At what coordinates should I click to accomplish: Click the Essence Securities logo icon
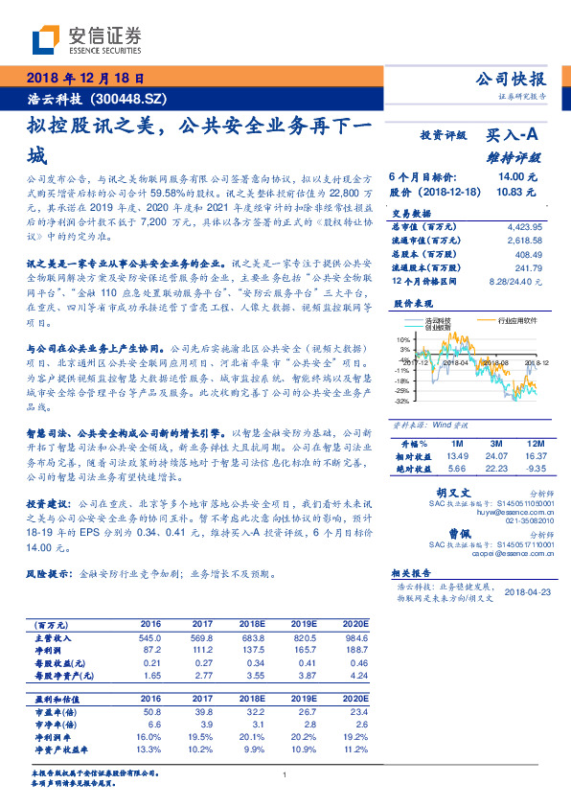[45, 40]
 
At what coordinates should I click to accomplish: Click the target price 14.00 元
[516, 177]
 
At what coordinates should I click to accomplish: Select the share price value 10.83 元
[516, 192]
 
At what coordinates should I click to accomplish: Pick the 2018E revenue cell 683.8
[250, 637]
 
